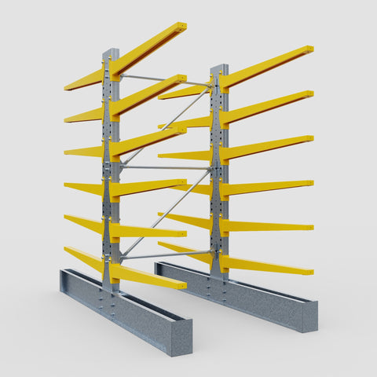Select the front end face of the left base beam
181,338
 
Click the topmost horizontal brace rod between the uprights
165,80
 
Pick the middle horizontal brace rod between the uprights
165,167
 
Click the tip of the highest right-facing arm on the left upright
182,27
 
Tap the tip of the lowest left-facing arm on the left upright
67,250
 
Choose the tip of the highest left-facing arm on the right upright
162,97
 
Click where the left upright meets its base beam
112,287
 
